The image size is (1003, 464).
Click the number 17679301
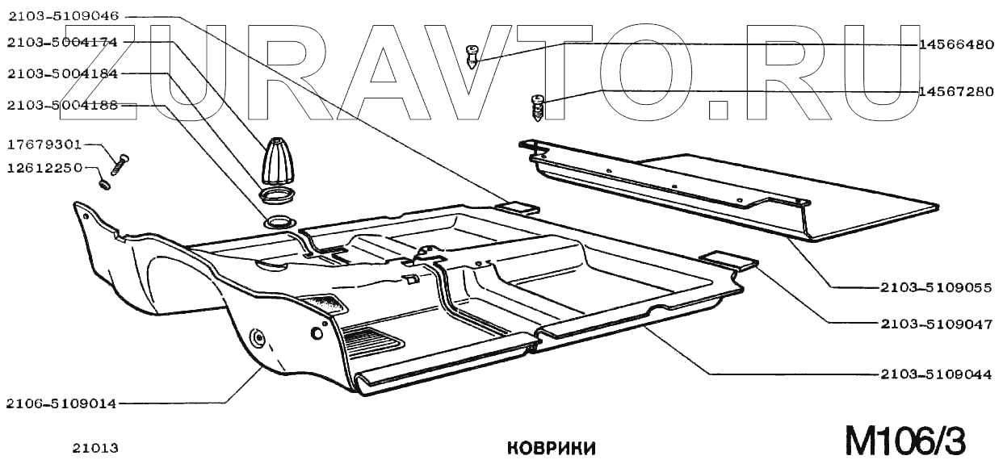pyautogui.click(x=44, y=145)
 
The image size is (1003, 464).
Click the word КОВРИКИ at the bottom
pyautogui.click(x=552, y=448)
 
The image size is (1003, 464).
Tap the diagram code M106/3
pyautogui.click(x=904, y=441)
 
